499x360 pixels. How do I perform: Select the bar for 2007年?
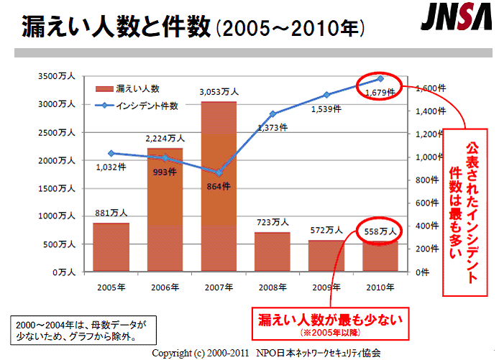coord(219,187)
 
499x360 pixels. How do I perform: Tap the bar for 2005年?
coord(111,247)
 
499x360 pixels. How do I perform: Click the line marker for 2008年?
coord(273,114)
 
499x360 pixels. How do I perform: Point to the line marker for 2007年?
coord(219,173)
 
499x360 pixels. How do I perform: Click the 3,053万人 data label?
coord(219,92)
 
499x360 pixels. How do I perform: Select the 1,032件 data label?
coord(111,167)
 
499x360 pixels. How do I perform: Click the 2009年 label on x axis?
coord(326,287)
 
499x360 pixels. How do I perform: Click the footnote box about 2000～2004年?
coord(81,329)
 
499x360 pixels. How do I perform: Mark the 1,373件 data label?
coord(273,126)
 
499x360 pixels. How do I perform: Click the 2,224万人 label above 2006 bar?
coord(165,138)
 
